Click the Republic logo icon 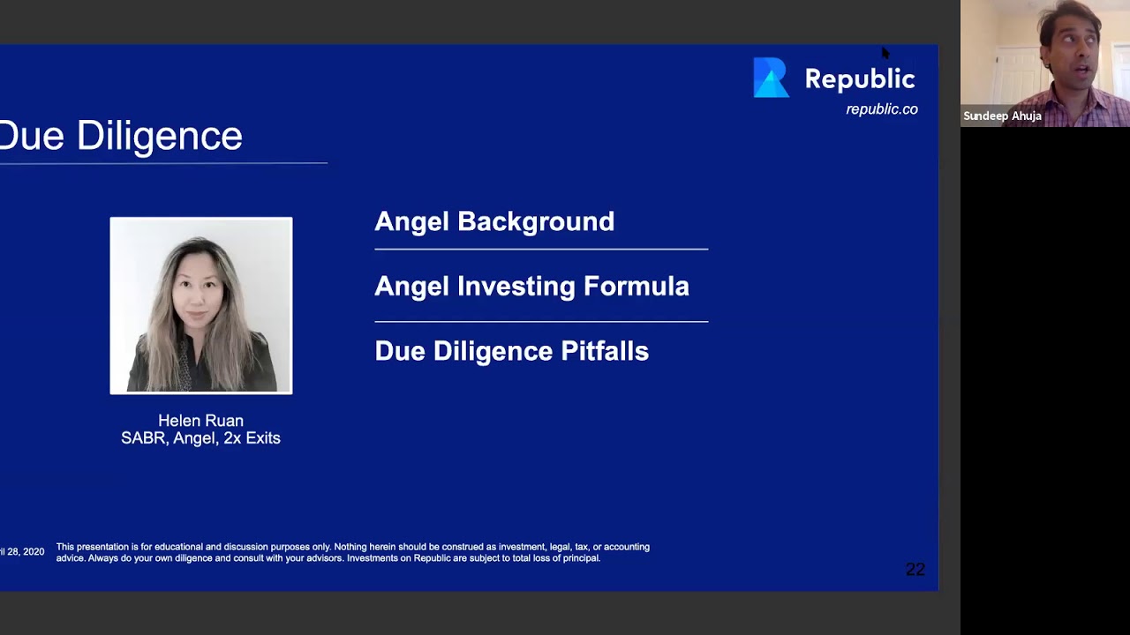770,78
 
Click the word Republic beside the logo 859,79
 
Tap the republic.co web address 881,109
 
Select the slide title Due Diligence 121,136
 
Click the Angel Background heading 493,221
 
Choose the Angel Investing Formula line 531,286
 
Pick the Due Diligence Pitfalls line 511,351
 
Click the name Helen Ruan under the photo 200,421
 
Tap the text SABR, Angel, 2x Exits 200,438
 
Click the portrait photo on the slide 200,304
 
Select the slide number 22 915,570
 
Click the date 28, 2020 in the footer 25,552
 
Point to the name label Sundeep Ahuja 1002,116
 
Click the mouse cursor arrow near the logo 885,53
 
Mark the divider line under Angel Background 540,250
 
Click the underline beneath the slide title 163,163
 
